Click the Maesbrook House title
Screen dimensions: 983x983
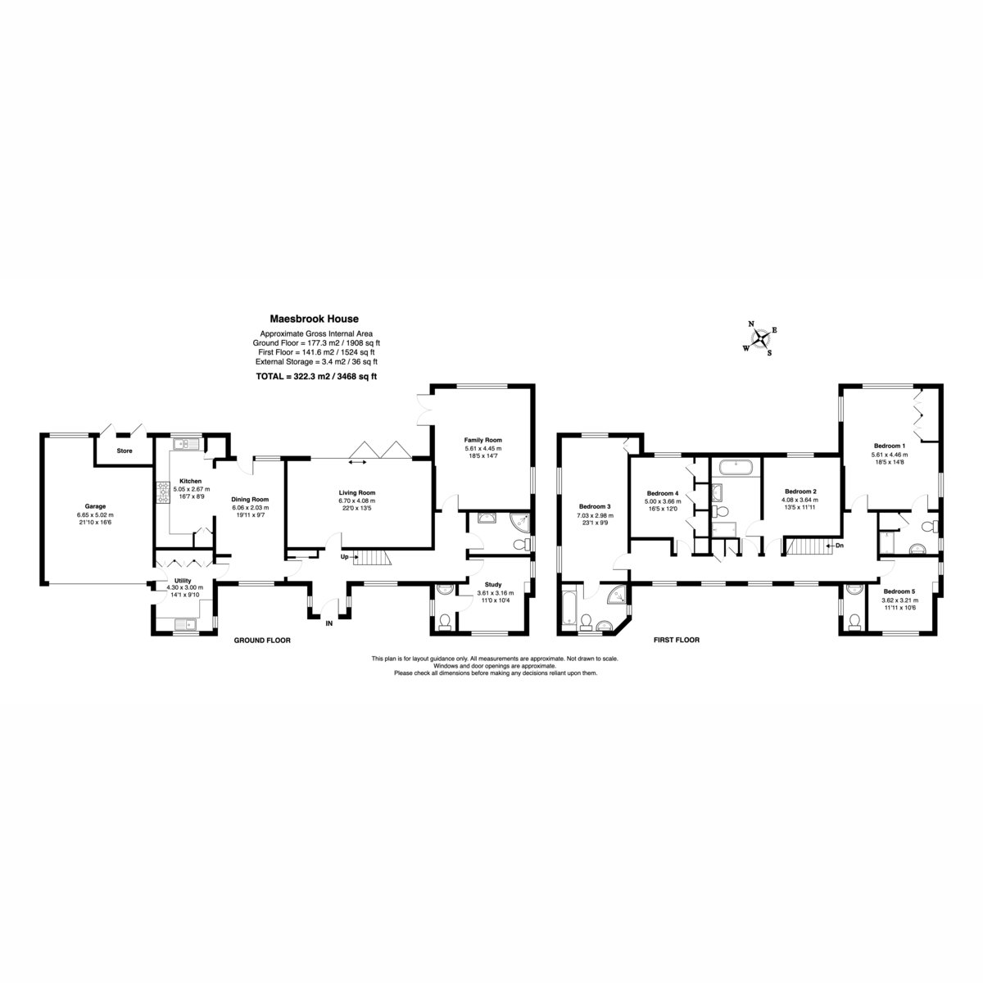(314, 319)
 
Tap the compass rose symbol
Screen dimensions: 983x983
(760, 338)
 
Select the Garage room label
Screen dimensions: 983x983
(95, 506)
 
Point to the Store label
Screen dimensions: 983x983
(125, 451)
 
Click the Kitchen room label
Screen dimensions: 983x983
(190, 481)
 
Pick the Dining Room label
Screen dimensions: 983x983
(250, 500)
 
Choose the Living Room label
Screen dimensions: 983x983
(357, 493)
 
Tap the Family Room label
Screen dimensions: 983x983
(482, 440)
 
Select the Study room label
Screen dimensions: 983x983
(493, 585)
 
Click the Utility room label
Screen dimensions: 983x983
(183, 581)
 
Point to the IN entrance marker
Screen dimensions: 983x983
(329, 623)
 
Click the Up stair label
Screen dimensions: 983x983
(344, 556)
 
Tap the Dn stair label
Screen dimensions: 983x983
(840, 546)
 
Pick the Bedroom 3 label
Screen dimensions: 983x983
(595, 506)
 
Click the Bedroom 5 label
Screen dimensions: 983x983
(899, 591)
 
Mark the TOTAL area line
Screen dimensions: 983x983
(316, 377)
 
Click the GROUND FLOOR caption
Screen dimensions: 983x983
(262, 641)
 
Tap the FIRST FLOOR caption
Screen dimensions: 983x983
(677, 640)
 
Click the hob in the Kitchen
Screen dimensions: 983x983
(163, 493)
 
